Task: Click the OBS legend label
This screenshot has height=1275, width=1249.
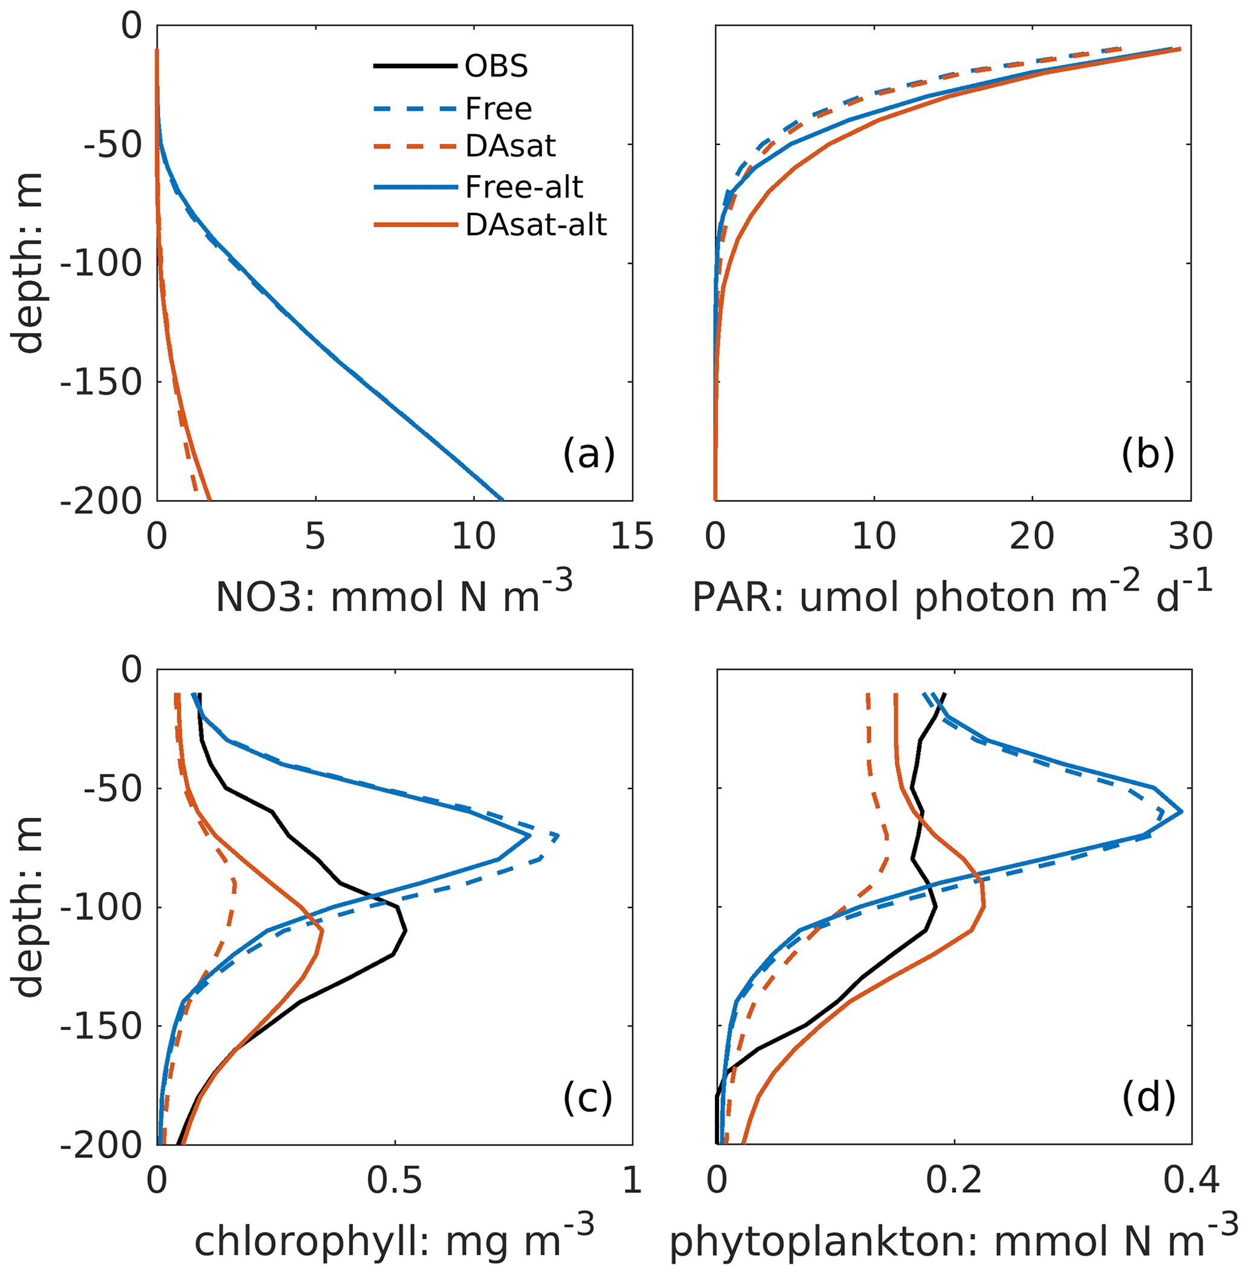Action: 496,66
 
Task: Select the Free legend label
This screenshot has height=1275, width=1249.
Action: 498,108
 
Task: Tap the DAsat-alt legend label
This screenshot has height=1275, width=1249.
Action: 536,225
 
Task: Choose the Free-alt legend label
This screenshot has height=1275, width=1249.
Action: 523,187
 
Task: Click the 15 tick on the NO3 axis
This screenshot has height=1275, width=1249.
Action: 631,537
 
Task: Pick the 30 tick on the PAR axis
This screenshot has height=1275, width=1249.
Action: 1190,537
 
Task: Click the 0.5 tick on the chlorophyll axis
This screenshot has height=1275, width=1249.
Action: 394,1181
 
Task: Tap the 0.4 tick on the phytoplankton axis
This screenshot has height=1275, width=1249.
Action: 1191,1181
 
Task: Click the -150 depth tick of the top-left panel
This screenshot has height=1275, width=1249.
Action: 101,382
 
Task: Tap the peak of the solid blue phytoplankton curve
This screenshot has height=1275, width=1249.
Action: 1181,812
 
